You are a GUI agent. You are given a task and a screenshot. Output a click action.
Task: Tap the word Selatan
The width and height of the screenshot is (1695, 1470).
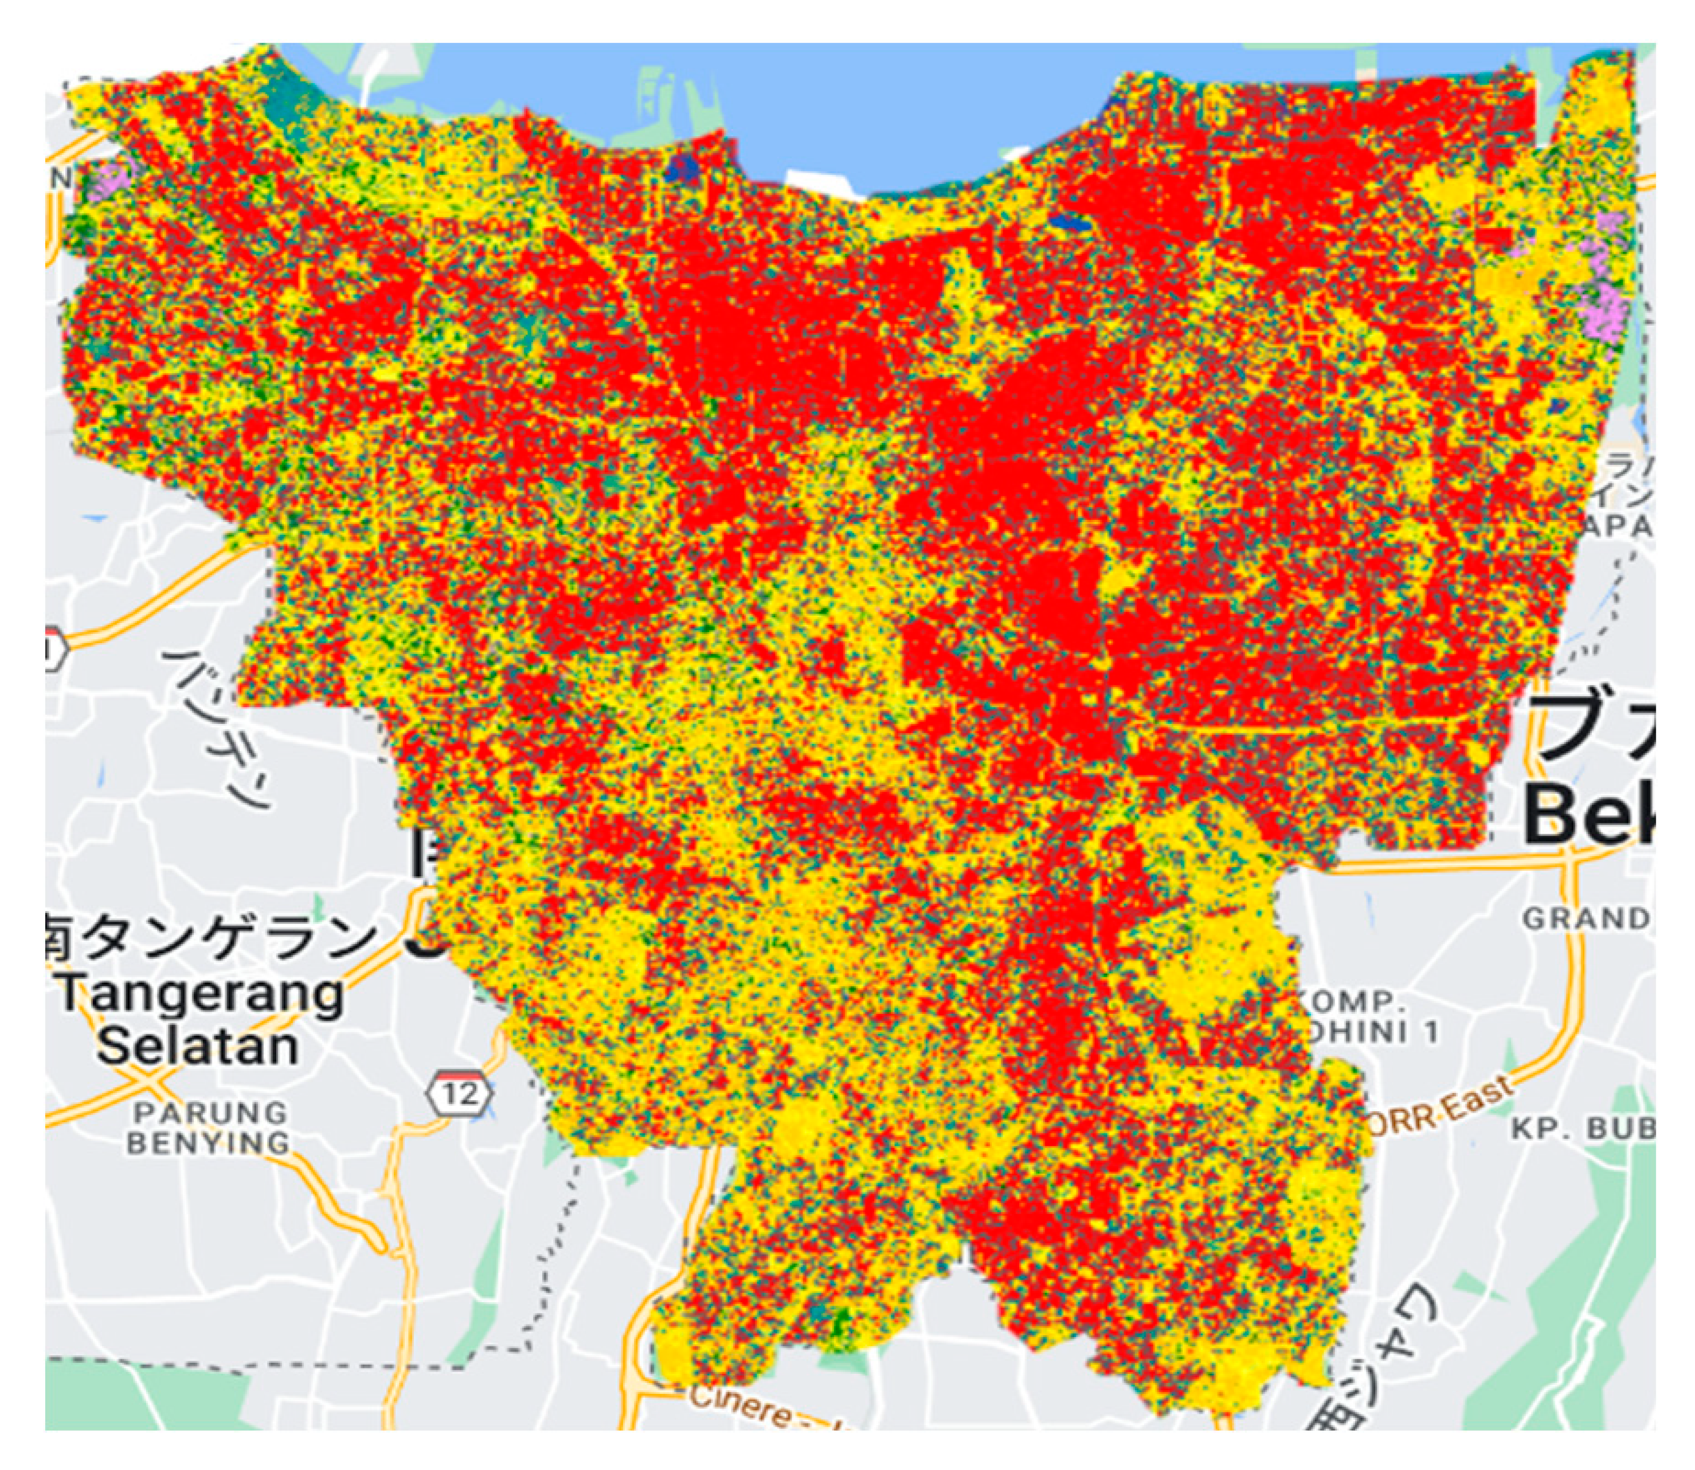tap(197, 1046)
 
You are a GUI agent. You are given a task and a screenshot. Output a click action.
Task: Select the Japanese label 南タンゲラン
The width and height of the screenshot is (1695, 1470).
tap(209, 938)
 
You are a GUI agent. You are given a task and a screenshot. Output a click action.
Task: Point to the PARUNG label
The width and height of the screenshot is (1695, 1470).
tap(210, 1113)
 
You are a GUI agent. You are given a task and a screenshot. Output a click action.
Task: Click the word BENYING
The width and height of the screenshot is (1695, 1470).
tap(209, 1143)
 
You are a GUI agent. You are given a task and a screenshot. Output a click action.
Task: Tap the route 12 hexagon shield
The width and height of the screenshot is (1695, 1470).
tap(460, 1093)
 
